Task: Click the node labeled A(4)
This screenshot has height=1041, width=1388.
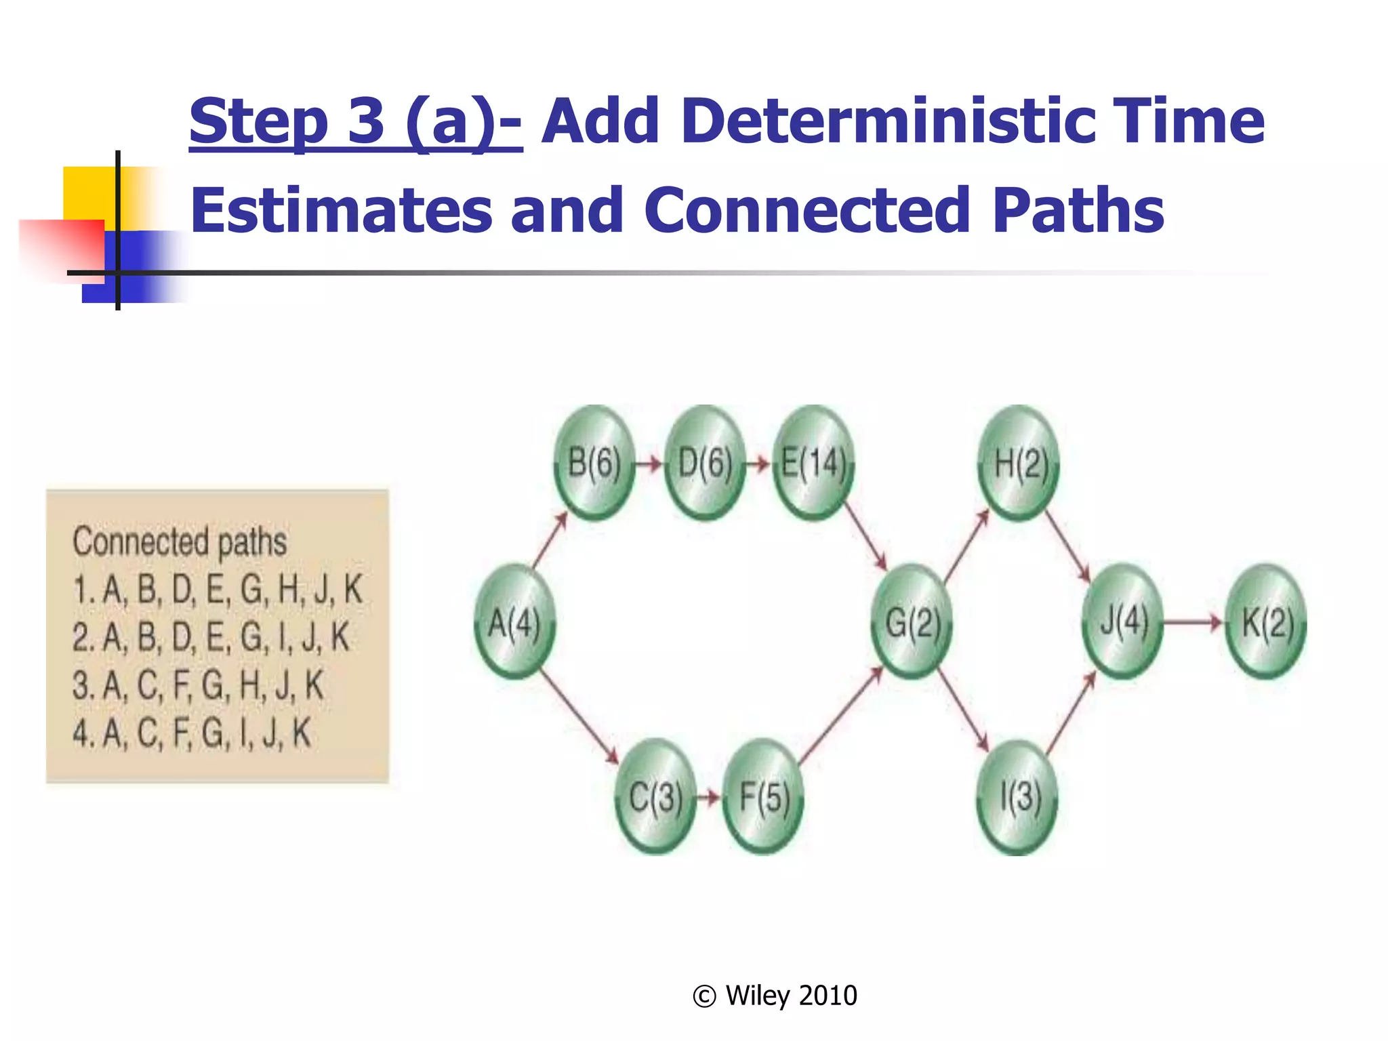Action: click(x=514, y=621)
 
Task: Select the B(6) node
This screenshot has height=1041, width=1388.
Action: click(x=594, y=464)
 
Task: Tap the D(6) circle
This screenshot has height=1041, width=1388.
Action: click(x=705, y=464)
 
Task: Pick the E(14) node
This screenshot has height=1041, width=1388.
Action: click(x=813, y=464)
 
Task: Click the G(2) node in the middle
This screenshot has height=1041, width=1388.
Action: click(x=912, y=621)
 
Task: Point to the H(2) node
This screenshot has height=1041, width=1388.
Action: click(x=1019, y=464)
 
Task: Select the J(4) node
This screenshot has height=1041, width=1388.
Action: click(x=1123, y=621)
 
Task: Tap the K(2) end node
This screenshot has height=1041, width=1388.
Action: click(x=1266, y=621)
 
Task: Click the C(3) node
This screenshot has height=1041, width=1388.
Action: click(x=655, y=796)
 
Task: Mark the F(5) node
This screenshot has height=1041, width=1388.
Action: click(x=764, y=796)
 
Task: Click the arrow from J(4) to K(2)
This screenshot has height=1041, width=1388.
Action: click(x=1193, y=622)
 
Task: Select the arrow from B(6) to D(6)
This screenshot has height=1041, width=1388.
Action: click(x=649, y=464)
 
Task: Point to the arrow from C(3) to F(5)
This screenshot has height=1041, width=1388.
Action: click(x=709, y=797)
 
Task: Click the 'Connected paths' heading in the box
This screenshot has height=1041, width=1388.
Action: click(x=180, y=542)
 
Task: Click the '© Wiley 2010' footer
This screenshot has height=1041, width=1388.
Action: click(x=775, y=996)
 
